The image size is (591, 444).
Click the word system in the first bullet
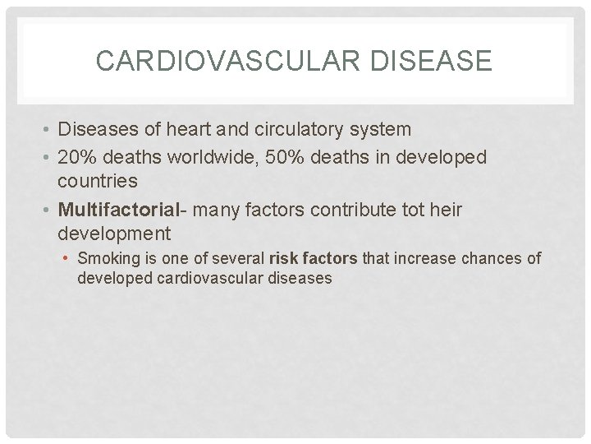click(385, 130)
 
